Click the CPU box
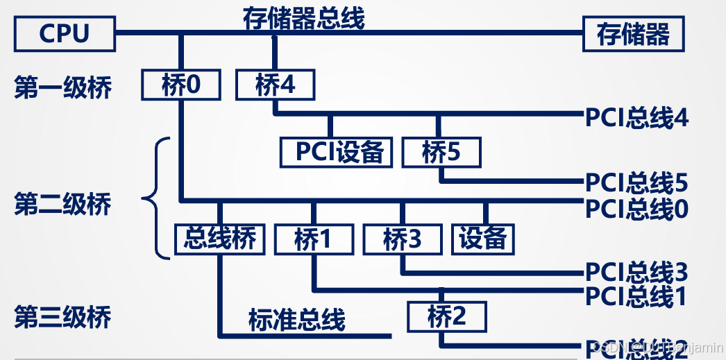(x=65, y=34)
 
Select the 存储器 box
(x=633, y=34)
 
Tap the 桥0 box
(x=180, y=85)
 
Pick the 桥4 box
(x=275, y=85)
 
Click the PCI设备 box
(x=337, y=151)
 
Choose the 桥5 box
(x=441, y=151)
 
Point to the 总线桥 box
(x=220, y=239)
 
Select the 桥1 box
(x=313, y=240)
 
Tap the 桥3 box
(x=402, y=240)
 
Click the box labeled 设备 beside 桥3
(x=483, y=239)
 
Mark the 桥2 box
(x=447, y=317)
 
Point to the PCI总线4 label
(x=636, y=118)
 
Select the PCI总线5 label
(x=636, y=183)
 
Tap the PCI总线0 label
(x=636, y=209)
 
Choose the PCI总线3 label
(x=636, y=272)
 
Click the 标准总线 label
(x=296, y=320)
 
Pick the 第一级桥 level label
(x=62, y=89)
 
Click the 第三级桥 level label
(x=62, y=318)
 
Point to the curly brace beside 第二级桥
(x=157, y=198)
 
